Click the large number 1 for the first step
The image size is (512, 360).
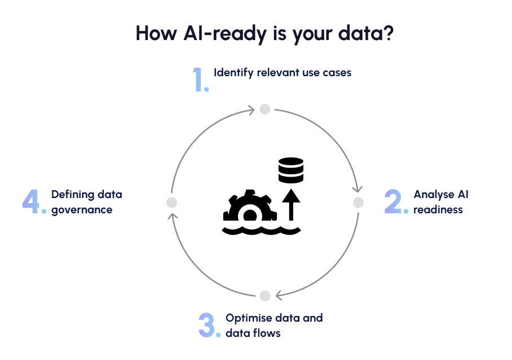pyautogui.click(x=198, y=80)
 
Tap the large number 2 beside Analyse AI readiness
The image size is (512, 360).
pyautogui.click(x=393, y=201)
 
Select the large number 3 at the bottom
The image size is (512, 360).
pyautogui.click(x=207, y=325)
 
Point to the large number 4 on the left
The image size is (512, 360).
pyautogui.click(x=31, y=201)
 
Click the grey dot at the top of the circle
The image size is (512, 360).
pyautogui.click(x=264, y=109)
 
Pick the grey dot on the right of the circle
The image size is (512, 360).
pyautogui.click(x=358, y=202)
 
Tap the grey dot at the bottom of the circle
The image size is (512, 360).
pyautogui.click(x=264, y=296)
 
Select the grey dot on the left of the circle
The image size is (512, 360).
pyautogui.click(x=172, y=202)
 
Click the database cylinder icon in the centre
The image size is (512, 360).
pyautogui.click(x=291, y=170)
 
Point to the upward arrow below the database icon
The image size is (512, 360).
pyautogui.click(x=291, y=205)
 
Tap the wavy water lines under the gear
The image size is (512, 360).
pyautogui.click(x=261, y=230)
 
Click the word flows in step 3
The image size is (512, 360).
pyautogui.click(x=268, y=333)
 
